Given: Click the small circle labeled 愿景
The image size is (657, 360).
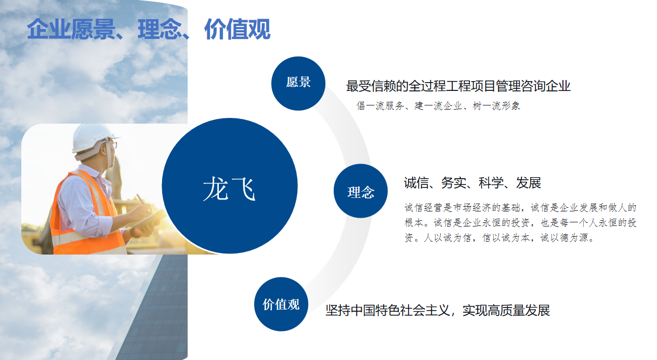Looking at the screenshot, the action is point(298,84).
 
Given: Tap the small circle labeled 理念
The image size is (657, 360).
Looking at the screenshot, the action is point(361,191).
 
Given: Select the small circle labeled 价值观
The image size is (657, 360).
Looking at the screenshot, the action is point(281,304).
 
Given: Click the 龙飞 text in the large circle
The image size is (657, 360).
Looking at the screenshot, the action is point(229,189).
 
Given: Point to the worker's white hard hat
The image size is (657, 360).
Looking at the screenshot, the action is point(93,138).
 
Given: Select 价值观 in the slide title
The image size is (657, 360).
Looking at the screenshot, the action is point(237,29).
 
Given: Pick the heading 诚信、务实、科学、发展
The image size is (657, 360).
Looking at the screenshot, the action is point(472,183).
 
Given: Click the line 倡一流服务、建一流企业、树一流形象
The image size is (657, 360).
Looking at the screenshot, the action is point(438,106).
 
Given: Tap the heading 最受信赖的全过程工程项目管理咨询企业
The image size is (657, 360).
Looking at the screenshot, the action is point(458,86).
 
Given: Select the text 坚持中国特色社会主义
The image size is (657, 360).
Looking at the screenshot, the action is point(387,310).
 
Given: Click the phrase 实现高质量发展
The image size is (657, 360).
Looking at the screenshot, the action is point(506,310).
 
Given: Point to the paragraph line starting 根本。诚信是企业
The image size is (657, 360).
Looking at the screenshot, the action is point(520,223).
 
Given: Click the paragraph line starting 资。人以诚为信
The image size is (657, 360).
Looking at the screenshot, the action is point(499,238).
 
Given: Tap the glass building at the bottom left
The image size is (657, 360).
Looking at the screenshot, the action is point(155,308).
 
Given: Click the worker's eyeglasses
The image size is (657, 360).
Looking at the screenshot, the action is point(113,145).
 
